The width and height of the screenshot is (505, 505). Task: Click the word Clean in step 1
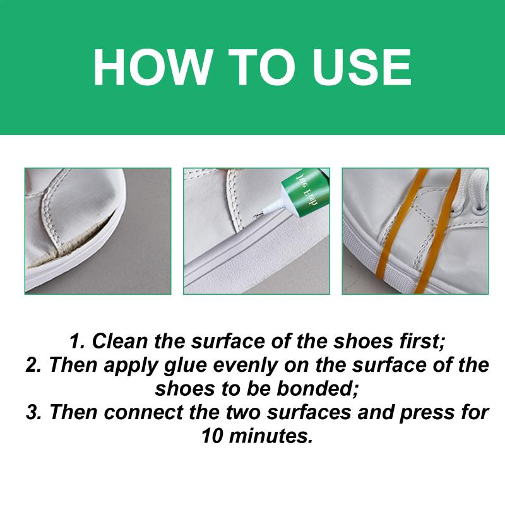pos(120,341)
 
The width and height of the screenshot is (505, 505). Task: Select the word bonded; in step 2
pos(318,389)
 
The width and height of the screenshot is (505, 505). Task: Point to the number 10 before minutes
pos(212,436)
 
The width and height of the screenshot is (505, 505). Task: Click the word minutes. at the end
pos(271,436)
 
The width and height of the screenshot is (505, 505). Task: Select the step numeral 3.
pos(33,412)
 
